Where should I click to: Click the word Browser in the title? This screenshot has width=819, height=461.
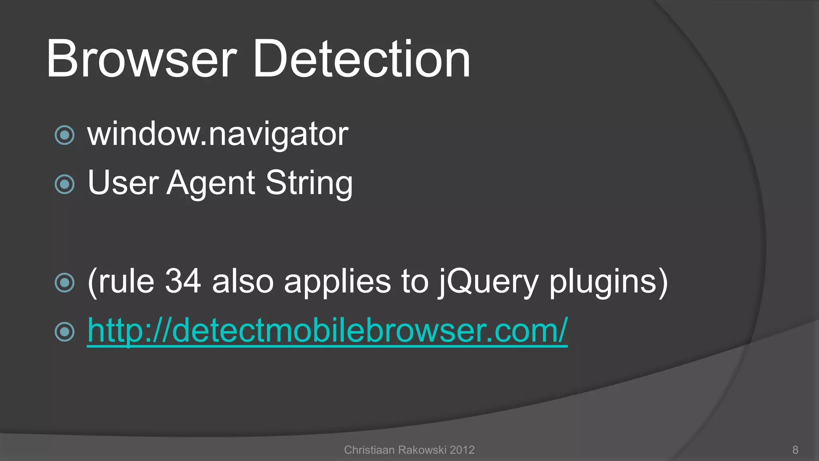pyautogui.click(x=142, y=59)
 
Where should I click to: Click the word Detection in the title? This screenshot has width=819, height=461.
pyautogui.click(x=362, y=59)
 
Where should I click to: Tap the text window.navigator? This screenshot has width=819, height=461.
pyautogui.click(x=218, y=134)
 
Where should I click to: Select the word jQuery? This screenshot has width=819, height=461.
pyautogui.click(x=488, y=282)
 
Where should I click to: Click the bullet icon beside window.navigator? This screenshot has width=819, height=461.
pyautogui.click(x=65, y=135)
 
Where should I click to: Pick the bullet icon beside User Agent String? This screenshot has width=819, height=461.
pyautogui.click(x=65, y=184)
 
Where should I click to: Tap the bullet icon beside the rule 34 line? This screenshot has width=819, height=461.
pyautogui.click(x=65, y=283)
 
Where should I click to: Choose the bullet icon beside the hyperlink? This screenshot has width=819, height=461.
pyautogui.click(x=65, y=331)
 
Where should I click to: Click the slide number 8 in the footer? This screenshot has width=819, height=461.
pyautogui.click(x=795, y=450)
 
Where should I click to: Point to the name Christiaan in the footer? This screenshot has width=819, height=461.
pyautogui.click(x=369, y=450)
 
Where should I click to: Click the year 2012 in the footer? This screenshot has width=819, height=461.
pyautogui.click(x=462, y=450)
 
